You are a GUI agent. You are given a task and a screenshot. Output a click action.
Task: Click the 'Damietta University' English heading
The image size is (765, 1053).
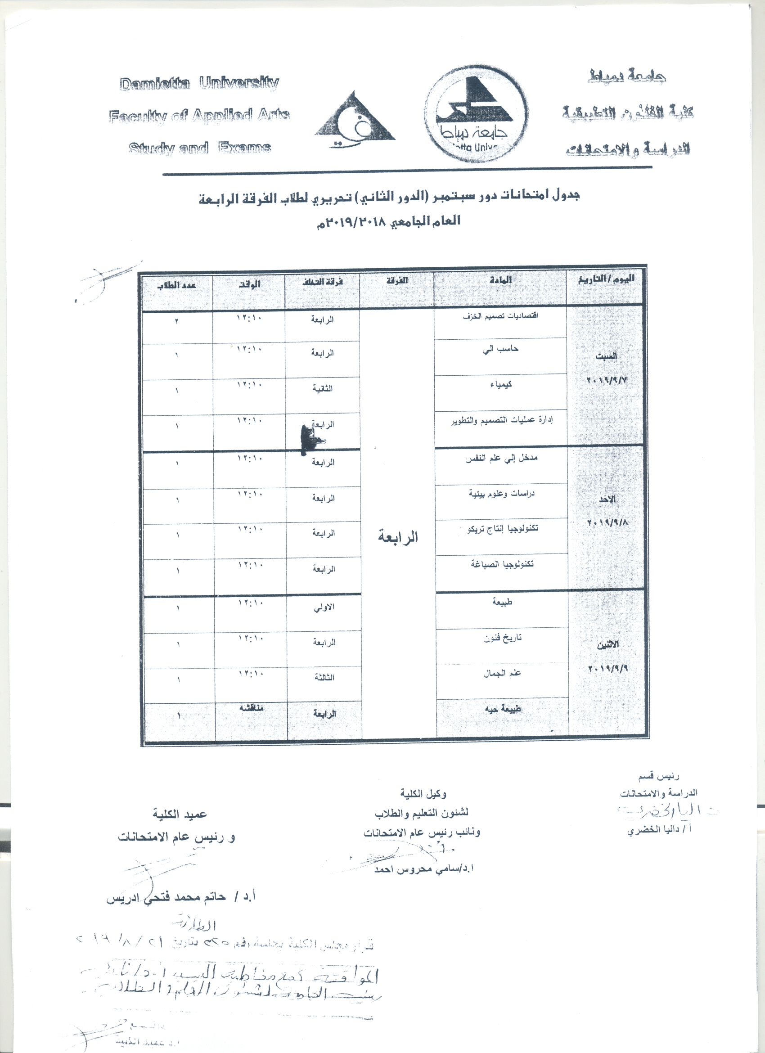coord(199,83)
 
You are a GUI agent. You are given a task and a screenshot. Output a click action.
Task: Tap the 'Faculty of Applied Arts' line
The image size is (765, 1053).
coord(199,115)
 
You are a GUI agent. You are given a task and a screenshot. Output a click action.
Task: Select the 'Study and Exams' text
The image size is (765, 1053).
coord(199,148)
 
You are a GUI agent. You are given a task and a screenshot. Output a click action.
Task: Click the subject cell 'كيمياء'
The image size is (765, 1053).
coord(500,385)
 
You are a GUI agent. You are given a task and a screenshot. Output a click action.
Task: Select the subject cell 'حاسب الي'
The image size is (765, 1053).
coord(500,349)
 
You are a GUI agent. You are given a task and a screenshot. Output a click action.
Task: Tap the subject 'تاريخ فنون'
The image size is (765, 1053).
coord(502,638)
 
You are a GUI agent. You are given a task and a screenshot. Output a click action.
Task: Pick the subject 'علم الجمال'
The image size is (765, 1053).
coord(502,673)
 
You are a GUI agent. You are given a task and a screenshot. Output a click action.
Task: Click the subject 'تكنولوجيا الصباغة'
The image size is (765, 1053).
coord(501,564)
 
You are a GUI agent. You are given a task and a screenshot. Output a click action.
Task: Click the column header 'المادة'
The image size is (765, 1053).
coord(500,280)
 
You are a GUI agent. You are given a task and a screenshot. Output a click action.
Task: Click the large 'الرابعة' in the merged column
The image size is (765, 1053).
coord(397,538)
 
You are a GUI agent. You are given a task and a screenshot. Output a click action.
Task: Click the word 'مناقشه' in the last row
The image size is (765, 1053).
coord(251,708)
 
